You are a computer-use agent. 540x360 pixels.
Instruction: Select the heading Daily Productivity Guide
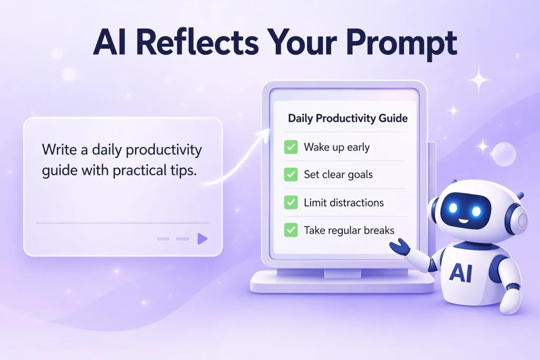[x=348, y=119]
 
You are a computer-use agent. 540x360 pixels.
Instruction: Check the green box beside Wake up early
[x=291, y=147]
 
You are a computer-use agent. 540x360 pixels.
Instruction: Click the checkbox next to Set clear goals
[x=291, y=174]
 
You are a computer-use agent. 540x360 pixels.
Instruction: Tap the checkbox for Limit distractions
[x=291, y=202]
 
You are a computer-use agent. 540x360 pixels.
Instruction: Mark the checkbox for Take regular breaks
[x=291, y=230]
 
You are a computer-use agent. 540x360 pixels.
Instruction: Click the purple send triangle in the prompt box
[x=202, y=239]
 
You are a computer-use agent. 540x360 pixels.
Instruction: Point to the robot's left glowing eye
[x=453, y=208]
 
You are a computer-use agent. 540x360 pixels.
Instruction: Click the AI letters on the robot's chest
[x=460, y=273]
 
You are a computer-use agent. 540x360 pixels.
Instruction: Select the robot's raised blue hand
[x=400, y=247]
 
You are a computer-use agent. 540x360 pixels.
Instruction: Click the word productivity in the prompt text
[x=163, y=150]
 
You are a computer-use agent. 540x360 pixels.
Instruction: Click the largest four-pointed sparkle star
[x=479, y=80]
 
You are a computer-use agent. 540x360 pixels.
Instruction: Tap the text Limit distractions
[x=344, y=203]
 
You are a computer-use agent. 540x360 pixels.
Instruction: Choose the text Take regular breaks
[x=349, y=230]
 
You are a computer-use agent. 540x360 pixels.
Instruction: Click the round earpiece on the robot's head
[x=520, y=220]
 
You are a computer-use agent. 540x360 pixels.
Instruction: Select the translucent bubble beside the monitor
[x=504, y=154]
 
